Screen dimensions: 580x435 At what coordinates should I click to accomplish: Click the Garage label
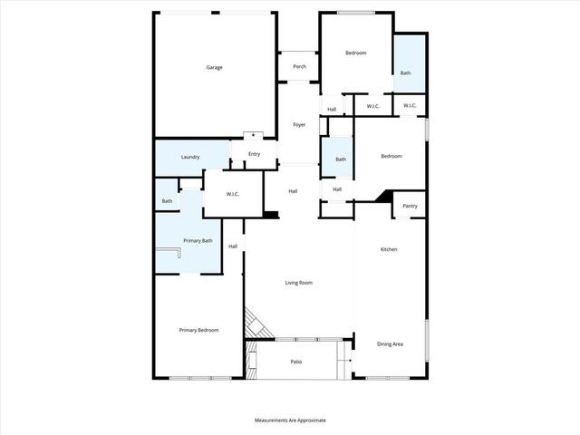pyautogui.click(x=214, y=67)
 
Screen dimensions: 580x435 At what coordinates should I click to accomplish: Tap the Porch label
pyautogui.click(x=299, y=66)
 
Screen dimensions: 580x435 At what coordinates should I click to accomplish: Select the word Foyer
pyautogui.click(x=299, y=125)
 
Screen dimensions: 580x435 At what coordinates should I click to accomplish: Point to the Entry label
pyautogui.click(x=254, y=154)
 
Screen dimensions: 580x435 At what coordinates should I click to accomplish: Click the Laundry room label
pyautogui.click(x=190, y=157)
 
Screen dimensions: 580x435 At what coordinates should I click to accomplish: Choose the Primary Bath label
pyautogui.click(x=198, y=240)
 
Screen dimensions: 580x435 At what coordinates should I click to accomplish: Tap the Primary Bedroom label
pyautogui.click(x=199, y=330)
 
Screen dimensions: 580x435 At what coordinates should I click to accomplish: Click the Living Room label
pyautogui.click(x=298, y=283)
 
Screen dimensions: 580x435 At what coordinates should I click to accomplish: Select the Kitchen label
pyautogui.click(x=389, y=249)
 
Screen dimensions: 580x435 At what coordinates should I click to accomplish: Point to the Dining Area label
pyautogui.click(x=390, y=344)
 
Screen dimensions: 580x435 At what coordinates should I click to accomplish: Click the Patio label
pyautogui.click(x=296, y=362)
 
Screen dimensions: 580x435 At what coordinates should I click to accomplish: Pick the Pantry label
pyautogui.click(x=410, y=206)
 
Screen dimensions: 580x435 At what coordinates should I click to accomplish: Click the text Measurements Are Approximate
pyautogui.click(x=290, y=420)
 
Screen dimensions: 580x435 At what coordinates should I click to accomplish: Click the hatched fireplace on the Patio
pyautogui.click(x=252, y=360)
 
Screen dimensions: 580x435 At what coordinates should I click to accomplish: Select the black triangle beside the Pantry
pyautogui.click(x=385, y=197)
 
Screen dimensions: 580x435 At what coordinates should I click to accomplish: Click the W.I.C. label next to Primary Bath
pyautogui.click(x=232, y=194)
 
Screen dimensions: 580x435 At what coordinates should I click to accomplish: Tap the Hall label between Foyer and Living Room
pyautogui.click(x=293, y=191)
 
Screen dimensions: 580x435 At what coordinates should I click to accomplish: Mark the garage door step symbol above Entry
pyautogui.click(x=253, y=135)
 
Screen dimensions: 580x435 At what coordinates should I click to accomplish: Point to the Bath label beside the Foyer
pyautogui.click(x=341, y=159)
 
